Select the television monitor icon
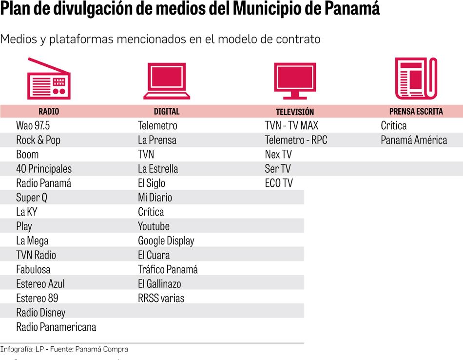(x=295, y=80)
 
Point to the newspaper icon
(x=416, y=78)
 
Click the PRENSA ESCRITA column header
(x=416, y=111)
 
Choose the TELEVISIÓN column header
(x=295, y=112)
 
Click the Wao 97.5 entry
(x=33, y=125)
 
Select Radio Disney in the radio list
(x=40, y=313)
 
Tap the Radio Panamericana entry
(x=56, y=327)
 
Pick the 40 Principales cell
(x=44, y=169)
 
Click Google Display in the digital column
(x=166, y=241)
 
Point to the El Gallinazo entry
(x=159, y=284)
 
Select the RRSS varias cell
(x=161, y=298)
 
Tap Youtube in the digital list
(x=154, y=226)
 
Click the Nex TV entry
(x=278, y=155)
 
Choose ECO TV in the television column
(x=279, y=183)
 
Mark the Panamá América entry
(x=414, y=140)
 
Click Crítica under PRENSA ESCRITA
(x=394, y=125)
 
